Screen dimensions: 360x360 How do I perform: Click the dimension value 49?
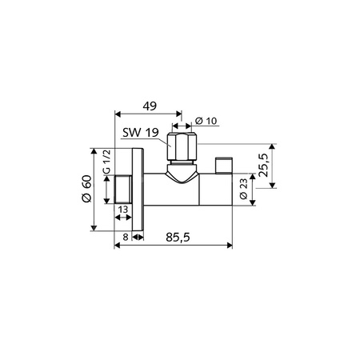tap(150, 106)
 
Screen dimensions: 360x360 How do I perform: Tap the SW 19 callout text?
tap(141, 132)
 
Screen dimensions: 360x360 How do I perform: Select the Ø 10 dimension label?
tap(206, 121)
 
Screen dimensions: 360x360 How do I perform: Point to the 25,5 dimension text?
tap(263, 166)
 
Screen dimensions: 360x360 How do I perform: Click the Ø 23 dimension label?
tap(244, 189)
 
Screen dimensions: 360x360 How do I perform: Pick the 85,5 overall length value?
tap(178, 237)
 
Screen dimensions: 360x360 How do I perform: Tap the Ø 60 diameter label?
tap(86, 189)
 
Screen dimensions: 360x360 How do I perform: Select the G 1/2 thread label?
tap(106, 162)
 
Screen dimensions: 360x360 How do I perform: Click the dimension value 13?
tap(123, 210)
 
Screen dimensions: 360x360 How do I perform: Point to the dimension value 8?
tap(126, 237)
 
